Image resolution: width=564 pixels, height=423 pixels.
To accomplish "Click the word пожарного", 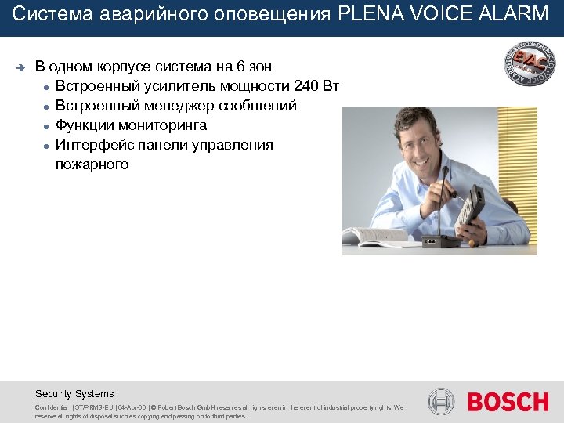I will coord(92,164).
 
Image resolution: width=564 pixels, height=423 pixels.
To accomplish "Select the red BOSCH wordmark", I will coord(508,402).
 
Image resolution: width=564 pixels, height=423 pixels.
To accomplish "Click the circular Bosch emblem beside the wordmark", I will coord(441,402).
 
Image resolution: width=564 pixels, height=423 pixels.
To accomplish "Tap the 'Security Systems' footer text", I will coord(74,394).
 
